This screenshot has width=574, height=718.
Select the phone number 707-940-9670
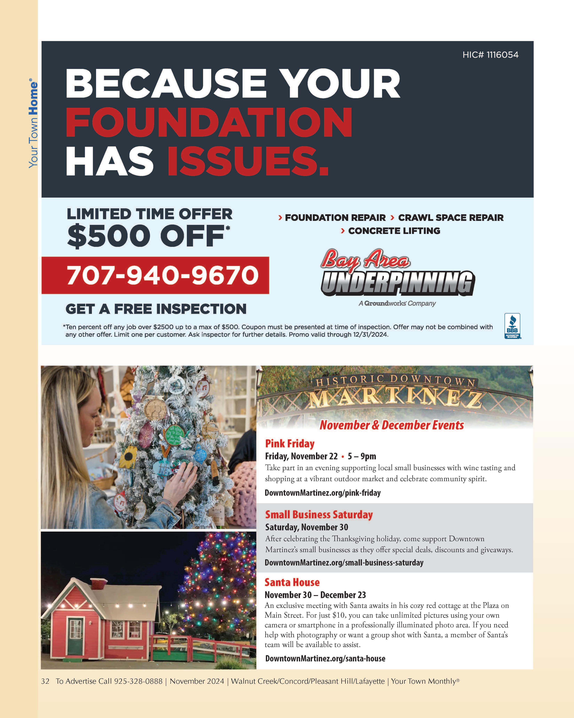(x=163, y=275)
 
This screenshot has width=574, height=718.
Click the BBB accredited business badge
(x=512, y=326)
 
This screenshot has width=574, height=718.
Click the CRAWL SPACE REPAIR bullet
(x=450, y=218)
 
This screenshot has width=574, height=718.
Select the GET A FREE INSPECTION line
(x=156, y=309)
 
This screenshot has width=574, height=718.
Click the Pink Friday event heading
(x=290, y=444)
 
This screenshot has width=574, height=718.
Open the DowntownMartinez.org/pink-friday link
(x=322, y=493)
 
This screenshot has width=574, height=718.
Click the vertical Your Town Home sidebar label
(x=33, y=123)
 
